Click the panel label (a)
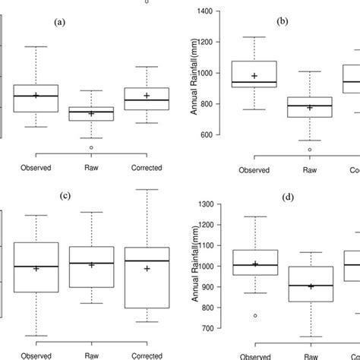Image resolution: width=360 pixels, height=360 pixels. (61, 22)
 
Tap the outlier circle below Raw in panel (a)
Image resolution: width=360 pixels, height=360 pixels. (91, 147)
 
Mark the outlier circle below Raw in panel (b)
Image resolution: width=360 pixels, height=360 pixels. (309, 150)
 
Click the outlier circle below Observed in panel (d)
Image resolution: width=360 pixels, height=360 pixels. (254, 315)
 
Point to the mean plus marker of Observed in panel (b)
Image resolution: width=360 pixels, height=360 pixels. (254, 76)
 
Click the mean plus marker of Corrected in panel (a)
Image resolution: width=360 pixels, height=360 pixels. (147, 96)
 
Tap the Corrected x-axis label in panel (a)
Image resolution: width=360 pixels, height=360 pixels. (147, 168)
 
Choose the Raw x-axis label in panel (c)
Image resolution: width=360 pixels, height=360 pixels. (91, 355)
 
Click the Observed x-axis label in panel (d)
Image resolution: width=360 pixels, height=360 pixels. (254, 355)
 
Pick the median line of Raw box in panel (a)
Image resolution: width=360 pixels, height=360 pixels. (91, 111)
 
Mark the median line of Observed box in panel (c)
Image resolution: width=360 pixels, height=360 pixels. (36, 266)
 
